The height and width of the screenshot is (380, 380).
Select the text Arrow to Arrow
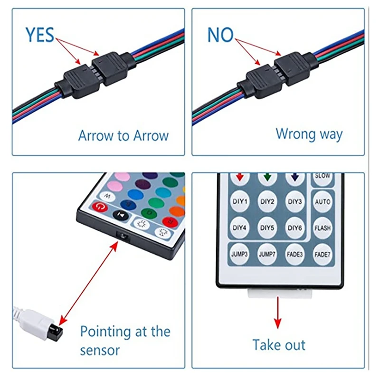[x=123, y=135]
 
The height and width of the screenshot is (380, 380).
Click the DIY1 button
[x=240, y=201]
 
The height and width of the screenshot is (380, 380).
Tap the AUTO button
[x=323, y=202]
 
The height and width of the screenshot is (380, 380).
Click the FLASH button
[x=323, y=228]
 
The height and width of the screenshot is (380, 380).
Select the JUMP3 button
[x=240, y=255]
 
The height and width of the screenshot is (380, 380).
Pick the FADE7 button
[x=323, y=255]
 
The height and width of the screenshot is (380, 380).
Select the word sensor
[x=100, y=351]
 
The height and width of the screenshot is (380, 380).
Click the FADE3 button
[x=295, y=255]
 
